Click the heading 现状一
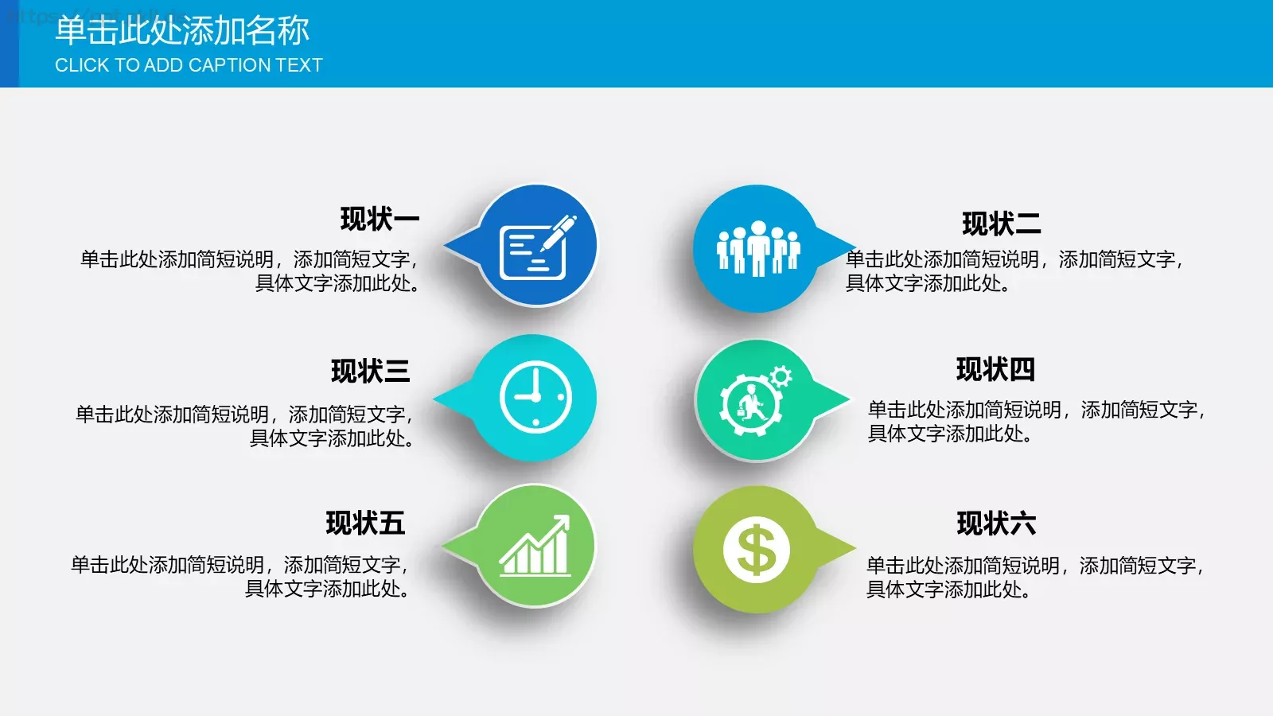(x=380, y=219)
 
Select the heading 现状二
(x=1001, y=224)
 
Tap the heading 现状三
(x=370, y=372)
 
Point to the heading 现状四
(x=995, y=370)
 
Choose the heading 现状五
(x=365, y=523)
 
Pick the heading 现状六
(x=996, y=523)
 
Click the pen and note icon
(x=536, y=247)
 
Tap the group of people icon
(x=757, y=248)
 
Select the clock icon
(x=535, y=397)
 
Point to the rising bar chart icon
(x=535, y=547)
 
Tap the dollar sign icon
(x=756, y=550)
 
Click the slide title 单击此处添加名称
(x=182, y=30)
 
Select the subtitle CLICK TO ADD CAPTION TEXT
(x=189, y=65)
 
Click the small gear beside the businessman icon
(x=781, y=376)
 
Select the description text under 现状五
(x=241, y=577)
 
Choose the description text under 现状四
(x=1036, y=422)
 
